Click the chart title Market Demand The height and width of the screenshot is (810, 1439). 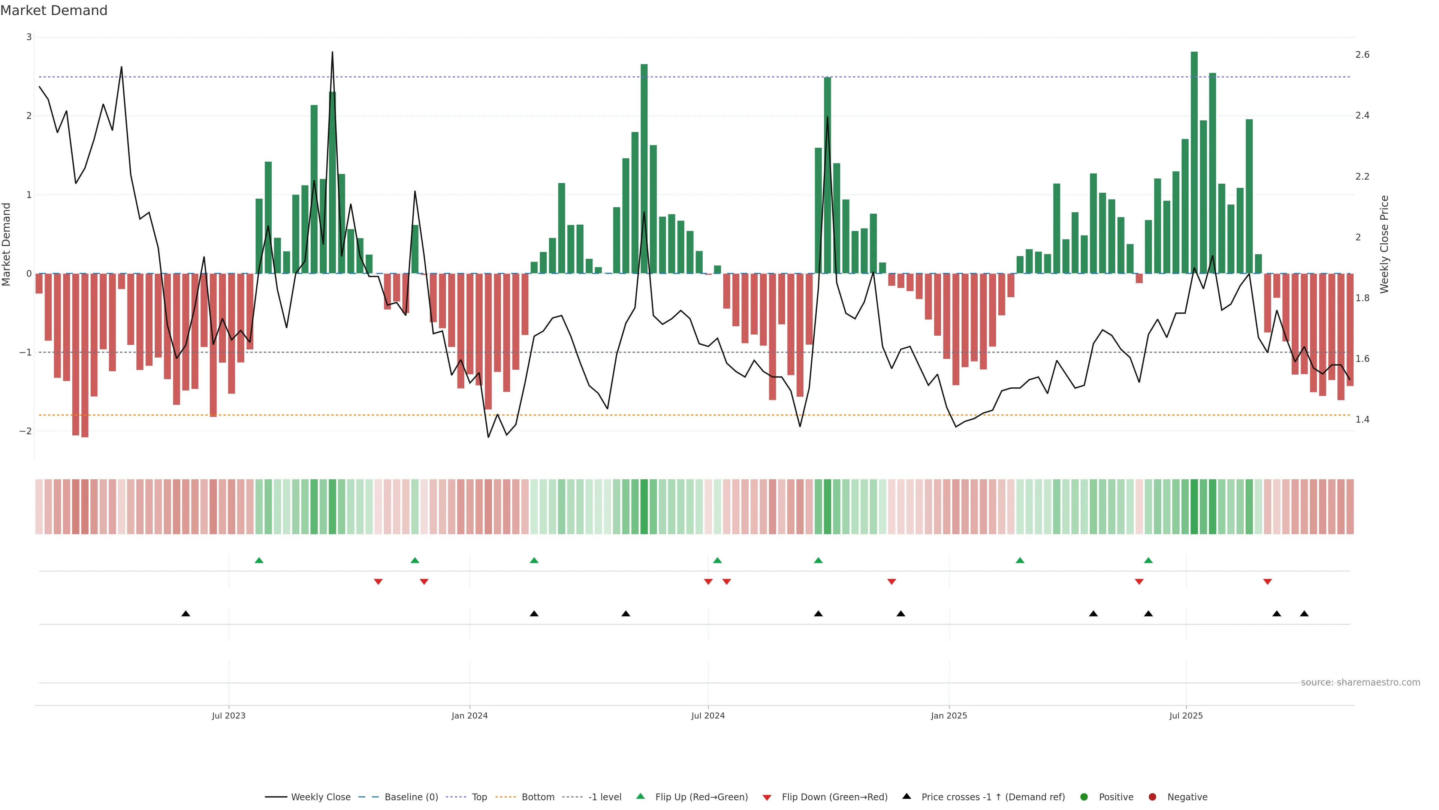coord(54,10)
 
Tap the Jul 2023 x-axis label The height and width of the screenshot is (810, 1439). coord(229,715)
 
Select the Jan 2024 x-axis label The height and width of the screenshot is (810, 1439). coord(469,715)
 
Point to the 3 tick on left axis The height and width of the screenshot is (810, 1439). coord(28,37)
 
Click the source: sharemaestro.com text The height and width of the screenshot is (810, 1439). coord(1360,682)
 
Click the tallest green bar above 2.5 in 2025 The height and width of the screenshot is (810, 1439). coord(1194,162)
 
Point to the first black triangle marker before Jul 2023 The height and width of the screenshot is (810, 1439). coord(186,614)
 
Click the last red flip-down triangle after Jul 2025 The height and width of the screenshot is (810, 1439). coord(1267,582)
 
